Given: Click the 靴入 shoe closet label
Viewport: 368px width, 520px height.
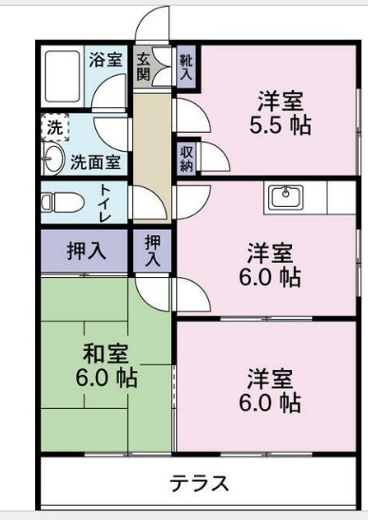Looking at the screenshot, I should tap(186, 65).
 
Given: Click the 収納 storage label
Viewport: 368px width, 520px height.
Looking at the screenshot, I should tap(185, 158).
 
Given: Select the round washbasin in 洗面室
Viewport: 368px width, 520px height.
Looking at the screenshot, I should tap(52, 158).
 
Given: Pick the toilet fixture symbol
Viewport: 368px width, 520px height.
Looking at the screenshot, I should tap(59, 202).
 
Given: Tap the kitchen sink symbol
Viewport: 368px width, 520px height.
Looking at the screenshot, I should tap(284, 197).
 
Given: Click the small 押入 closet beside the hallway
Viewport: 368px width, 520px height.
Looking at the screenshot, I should tap(152, 251).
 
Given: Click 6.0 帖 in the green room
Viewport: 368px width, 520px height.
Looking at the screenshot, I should tap(107, 378).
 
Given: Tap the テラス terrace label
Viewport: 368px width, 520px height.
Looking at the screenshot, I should tap(200, 483).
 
